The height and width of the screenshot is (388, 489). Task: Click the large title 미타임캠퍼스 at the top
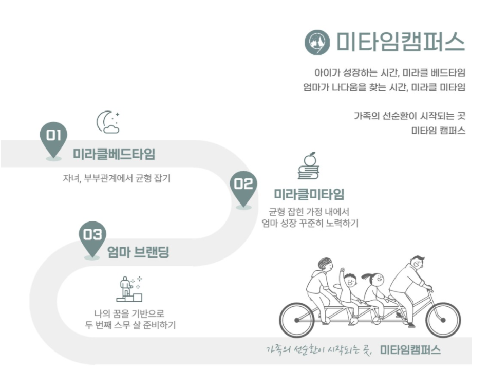pyautogui.click(x=401, y=42)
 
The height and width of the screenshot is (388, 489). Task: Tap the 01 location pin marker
pyautogui.click(x=53, y=139)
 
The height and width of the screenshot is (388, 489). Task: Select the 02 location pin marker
pyautogui.click(x=243, y=187)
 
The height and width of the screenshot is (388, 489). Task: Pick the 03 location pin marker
pyautogui.click(x=92, y=238)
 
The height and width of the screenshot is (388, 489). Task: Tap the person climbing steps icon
pyautogui.click(x=129, y=289)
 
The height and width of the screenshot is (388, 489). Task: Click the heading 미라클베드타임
pyautogui.click(x=114, y=154)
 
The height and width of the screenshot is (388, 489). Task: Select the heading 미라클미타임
pyautogui.click(x=309, y=194)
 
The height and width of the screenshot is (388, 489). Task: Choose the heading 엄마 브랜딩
pyautogui.click(x=138, y=252)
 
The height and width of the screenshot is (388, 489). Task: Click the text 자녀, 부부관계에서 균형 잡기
pyautogui.click(x=116, y=179)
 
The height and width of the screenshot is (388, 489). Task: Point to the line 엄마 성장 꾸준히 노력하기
pyautogui.click(x=309, y=223)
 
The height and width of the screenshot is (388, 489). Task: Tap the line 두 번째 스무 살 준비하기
pyautogui.click(x=130, y=325)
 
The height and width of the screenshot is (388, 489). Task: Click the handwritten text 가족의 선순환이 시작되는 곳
pyautogui.click(x=318, y=350)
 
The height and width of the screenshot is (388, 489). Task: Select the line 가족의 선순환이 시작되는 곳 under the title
pyautogui.click(x=409, y=116)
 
